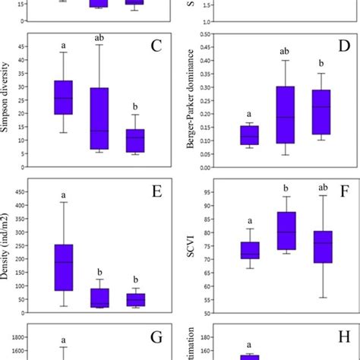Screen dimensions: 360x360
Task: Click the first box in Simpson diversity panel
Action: (63, 97)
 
